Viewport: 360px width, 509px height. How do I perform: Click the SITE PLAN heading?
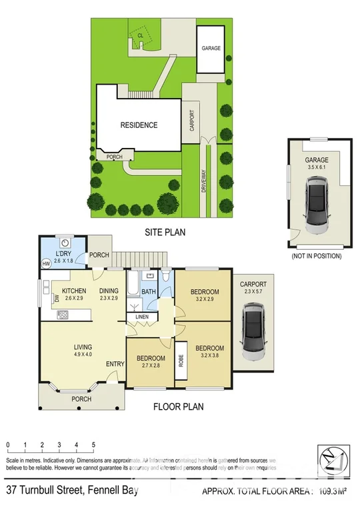coord(165,233)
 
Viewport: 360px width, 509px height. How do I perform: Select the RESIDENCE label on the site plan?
coord(139,125)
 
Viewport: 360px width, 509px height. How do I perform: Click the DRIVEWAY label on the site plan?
coord(203,181)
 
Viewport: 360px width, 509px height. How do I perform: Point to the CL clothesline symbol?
coord(141,39)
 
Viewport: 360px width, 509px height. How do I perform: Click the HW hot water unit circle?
coord(46,264)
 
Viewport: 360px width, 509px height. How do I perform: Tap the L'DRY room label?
coord(65,254)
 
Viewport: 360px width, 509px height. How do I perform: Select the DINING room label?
coord(109,291)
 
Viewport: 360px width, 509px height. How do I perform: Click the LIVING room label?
coord(83,347)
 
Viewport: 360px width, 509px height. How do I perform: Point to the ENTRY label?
coord(115,363)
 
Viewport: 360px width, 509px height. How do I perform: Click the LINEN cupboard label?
coord(142,316)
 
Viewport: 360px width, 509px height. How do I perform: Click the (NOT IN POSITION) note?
coord(317,256)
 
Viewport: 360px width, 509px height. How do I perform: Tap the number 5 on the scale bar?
coord(93,444)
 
